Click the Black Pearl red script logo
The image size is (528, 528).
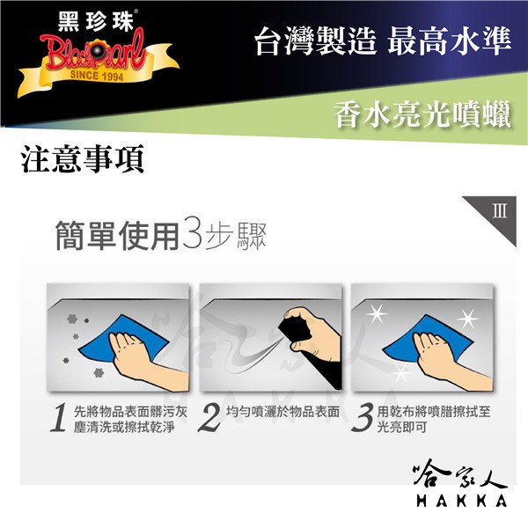pos(93,52)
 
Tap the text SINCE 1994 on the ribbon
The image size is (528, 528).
pos(97,76)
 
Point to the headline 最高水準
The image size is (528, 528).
pos(450,41)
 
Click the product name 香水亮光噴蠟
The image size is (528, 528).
pos(422,114)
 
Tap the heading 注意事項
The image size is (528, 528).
pos(83,159)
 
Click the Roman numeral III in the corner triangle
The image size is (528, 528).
pos(499,211)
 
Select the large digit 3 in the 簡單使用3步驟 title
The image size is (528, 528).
pos(192,236)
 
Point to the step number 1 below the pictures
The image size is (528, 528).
pos(58,417)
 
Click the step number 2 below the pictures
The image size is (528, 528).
pos(209,417)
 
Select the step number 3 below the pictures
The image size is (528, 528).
pos(363,417)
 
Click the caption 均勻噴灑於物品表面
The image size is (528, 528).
pos(282,412)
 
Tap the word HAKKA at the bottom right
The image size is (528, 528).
pos(462,501)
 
